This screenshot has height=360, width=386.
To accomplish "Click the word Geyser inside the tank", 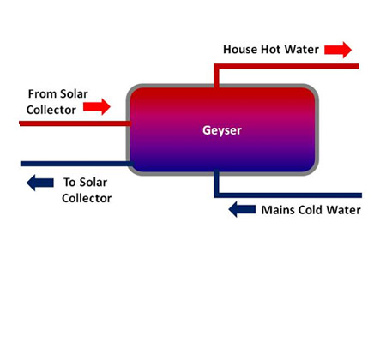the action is point(222,130).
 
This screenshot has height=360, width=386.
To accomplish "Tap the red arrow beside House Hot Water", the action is point(338,50).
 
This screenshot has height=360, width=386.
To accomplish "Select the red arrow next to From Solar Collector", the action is point(97,107).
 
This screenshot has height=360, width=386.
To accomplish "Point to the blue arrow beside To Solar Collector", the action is point(40,183).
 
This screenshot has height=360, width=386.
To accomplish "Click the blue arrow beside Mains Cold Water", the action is point(242,209).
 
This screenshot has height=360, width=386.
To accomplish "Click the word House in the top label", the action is point(240,50).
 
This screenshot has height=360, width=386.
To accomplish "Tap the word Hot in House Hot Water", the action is point(271,50).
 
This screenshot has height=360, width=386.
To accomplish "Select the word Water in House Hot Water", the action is point(302,50).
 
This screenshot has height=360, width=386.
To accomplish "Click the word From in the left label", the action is point(40,93).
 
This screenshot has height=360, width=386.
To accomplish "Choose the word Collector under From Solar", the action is point(51,110).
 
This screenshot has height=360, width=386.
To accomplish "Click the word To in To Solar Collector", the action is point(69,182).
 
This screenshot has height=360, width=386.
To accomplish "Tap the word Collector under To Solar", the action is point(87,198).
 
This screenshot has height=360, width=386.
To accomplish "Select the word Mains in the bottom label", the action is point(278,210).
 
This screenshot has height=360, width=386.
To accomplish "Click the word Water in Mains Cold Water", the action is point(344,210).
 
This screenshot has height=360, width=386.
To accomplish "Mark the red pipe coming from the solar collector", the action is point(75,123).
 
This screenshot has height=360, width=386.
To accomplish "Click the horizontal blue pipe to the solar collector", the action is point(77,164).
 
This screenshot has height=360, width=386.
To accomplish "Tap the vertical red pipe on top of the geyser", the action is point(216,76).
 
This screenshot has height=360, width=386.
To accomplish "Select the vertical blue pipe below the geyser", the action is point(216,183).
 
